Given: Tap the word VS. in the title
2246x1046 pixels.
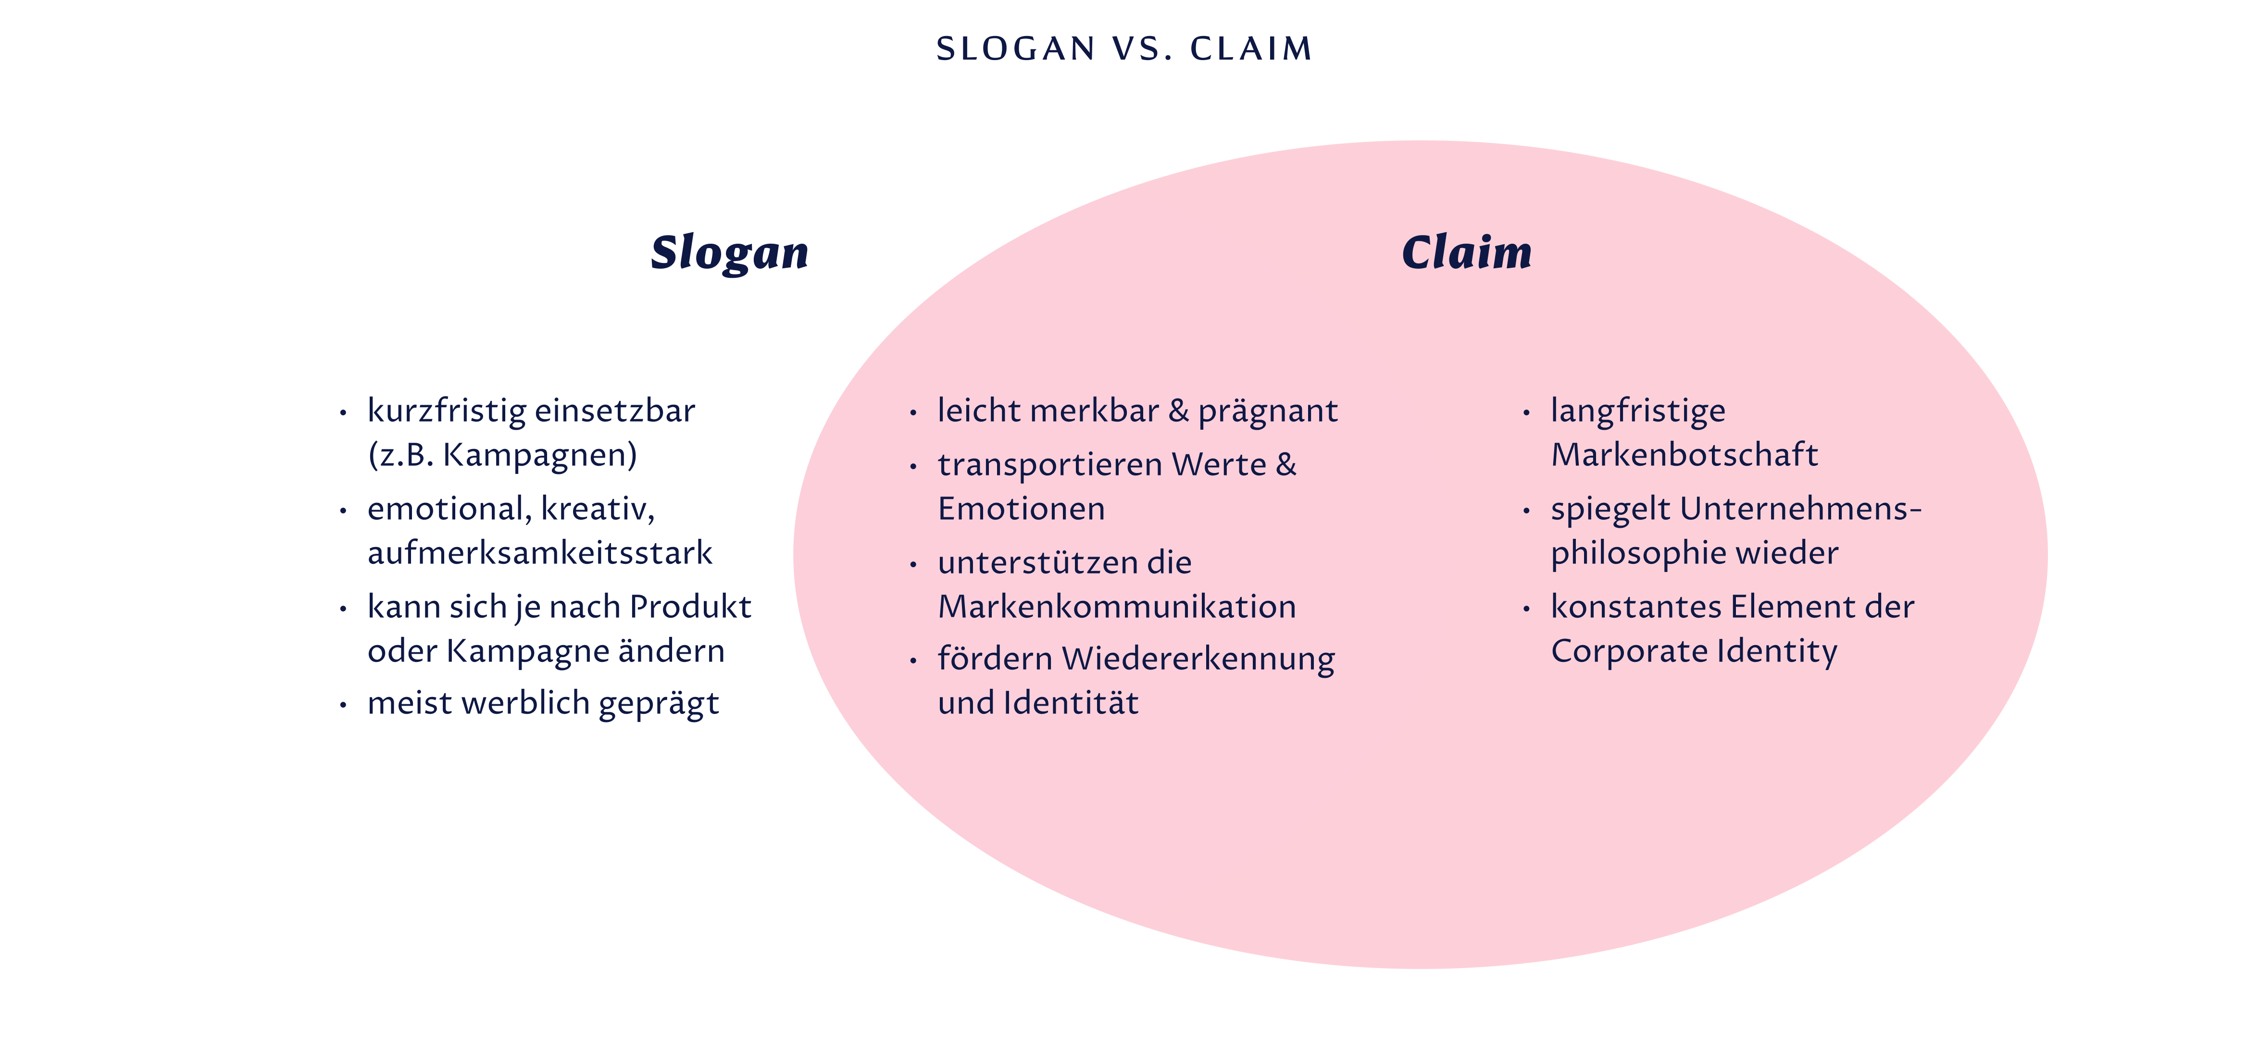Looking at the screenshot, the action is click(x=1142, y=49).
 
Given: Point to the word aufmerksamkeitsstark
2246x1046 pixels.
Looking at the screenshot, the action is click(x=540, y=553).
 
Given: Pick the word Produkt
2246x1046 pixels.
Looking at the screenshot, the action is click(x=690, y=607).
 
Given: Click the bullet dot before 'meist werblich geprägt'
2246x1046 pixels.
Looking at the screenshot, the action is click(x=344, y=704).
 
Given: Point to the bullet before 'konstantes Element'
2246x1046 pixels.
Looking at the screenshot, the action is click(x=1527, y=609).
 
